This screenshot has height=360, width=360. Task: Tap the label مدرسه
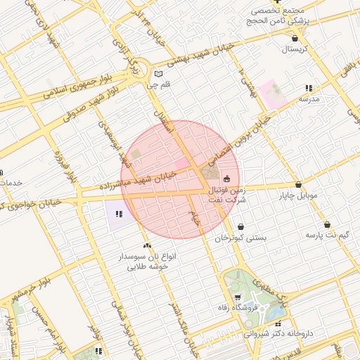[x=309, y=99]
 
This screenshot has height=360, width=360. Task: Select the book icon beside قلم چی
[x=159, y=74]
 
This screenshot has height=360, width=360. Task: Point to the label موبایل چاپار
[x=299, y=195]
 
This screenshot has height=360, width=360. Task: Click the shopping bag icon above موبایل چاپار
[x=299, y=184]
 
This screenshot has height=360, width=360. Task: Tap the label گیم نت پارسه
[x=327, y=236]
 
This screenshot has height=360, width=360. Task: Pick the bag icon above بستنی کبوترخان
[x=241, y=227]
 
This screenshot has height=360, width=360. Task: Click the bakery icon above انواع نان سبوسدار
[x=147, y=245]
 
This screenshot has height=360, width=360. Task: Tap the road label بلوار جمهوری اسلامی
[x=75, y=83]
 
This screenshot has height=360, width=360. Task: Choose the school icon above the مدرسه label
[x=309, y=89]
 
